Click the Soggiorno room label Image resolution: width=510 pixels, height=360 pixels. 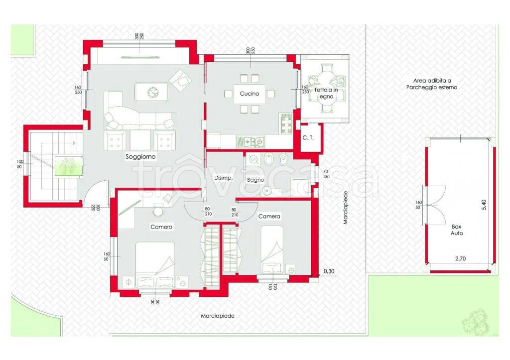click(x=140, y=157)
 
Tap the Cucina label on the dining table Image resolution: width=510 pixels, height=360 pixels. click(x=250, y=94)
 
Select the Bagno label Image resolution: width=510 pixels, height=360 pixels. click(x=255, y=180)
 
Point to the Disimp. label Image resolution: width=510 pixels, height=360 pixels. click(x=224, y=178)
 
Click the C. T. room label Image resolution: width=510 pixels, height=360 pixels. click(x=308, y=137)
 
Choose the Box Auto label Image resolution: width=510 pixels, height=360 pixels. click(x=457, y=230)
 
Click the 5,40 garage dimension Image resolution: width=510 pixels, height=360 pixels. click(x=484, y=205)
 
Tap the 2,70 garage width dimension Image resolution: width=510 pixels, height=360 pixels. click(x=460, y=259)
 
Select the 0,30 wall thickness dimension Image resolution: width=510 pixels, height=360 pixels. click(x=329, y=271)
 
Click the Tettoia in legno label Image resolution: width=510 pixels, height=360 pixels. click(x=326, y=93)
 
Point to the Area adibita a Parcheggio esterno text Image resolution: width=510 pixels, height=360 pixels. click(x=432, y=84)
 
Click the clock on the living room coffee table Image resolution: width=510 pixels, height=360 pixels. click(x=152, y=92)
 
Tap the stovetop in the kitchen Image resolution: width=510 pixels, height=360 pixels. click(x=286, y=123)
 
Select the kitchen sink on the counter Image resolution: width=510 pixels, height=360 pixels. click(x=250, y=141)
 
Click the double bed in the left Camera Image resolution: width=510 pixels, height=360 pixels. click(x=155, y=264)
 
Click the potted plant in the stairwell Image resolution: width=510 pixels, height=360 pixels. click(x=68, y=166)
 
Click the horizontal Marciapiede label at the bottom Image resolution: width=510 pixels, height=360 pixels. click(x=218, y=316)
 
